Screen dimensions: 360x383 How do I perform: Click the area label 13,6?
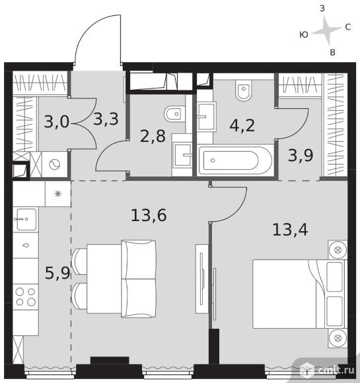149,215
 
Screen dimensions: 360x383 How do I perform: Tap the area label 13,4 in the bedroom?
290,230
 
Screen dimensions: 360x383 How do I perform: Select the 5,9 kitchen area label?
57,273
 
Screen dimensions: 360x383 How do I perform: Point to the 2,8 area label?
153,136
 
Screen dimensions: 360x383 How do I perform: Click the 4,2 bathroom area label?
242,125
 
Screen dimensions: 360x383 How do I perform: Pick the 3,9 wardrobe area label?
301,155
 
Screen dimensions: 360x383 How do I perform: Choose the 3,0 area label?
57,122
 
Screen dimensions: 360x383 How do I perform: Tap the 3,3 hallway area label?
106,120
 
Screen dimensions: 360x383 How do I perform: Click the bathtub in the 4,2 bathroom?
235,160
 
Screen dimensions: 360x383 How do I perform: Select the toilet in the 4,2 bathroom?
244,90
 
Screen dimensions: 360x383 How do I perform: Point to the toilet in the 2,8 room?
174,114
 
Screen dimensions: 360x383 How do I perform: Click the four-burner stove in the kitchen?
25,296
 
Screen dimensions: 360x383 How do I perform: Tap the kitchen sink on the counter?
25,219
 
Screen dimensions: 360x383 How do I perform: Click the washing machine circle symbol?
55,164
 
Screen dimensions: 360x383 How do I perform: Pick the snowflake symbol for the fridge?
58,194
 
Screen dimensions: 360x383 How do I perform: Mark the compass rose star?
326,31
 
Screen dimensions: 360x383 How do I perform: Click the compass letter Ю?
304,35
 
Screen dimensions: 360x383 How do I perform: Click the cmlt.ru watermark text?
336,370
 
